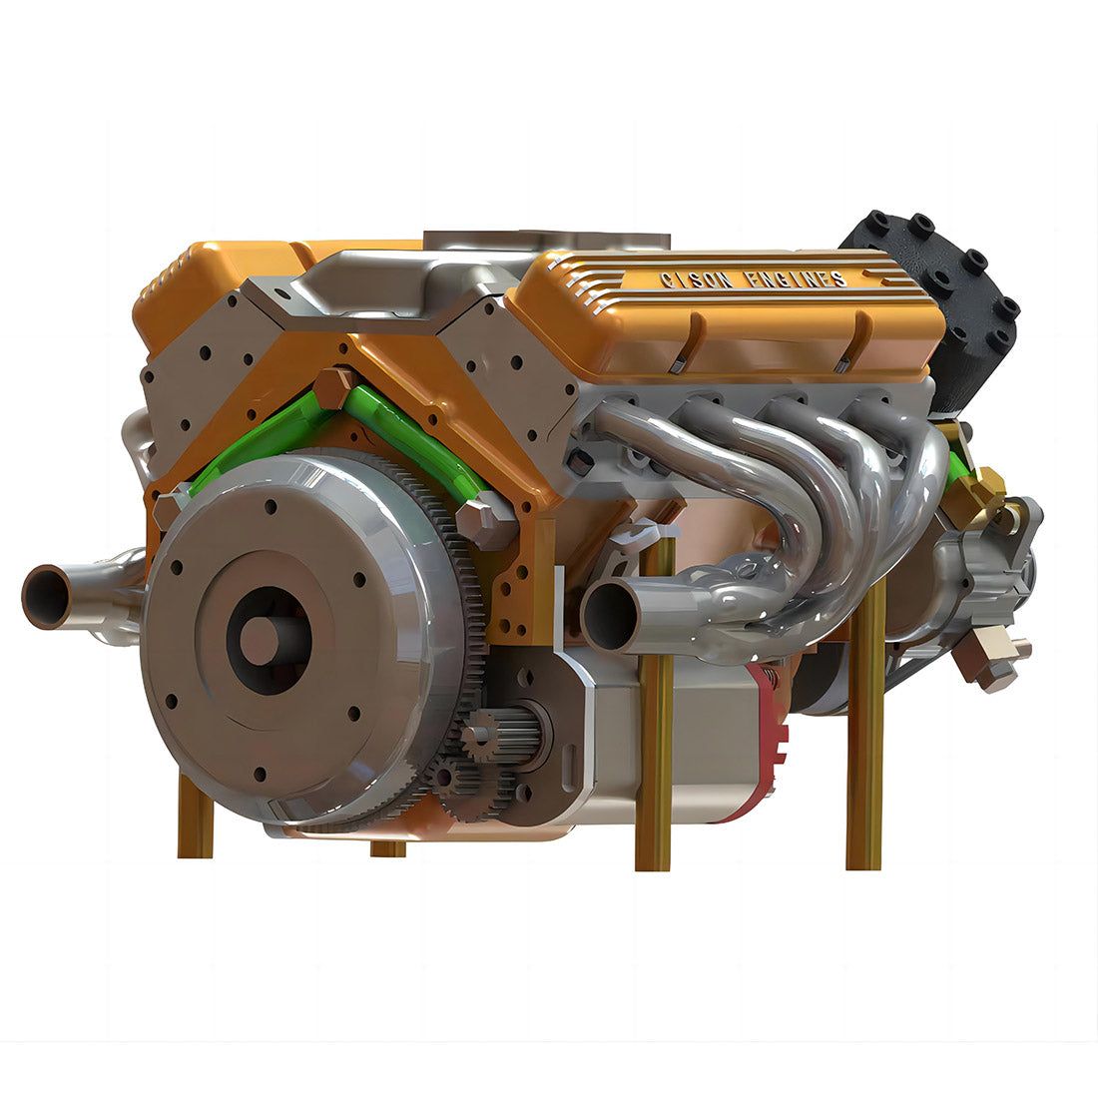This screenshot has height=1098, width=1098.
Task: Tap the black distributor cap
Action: [933, 299]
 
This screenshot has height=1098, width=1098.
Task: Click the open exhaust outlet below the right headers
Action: [606, 614]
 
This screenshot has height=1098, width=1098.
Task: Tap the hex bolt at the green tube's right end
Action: [486, 521]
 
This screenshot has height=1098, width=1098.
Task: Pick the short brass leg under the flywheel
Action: [387, 848]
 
